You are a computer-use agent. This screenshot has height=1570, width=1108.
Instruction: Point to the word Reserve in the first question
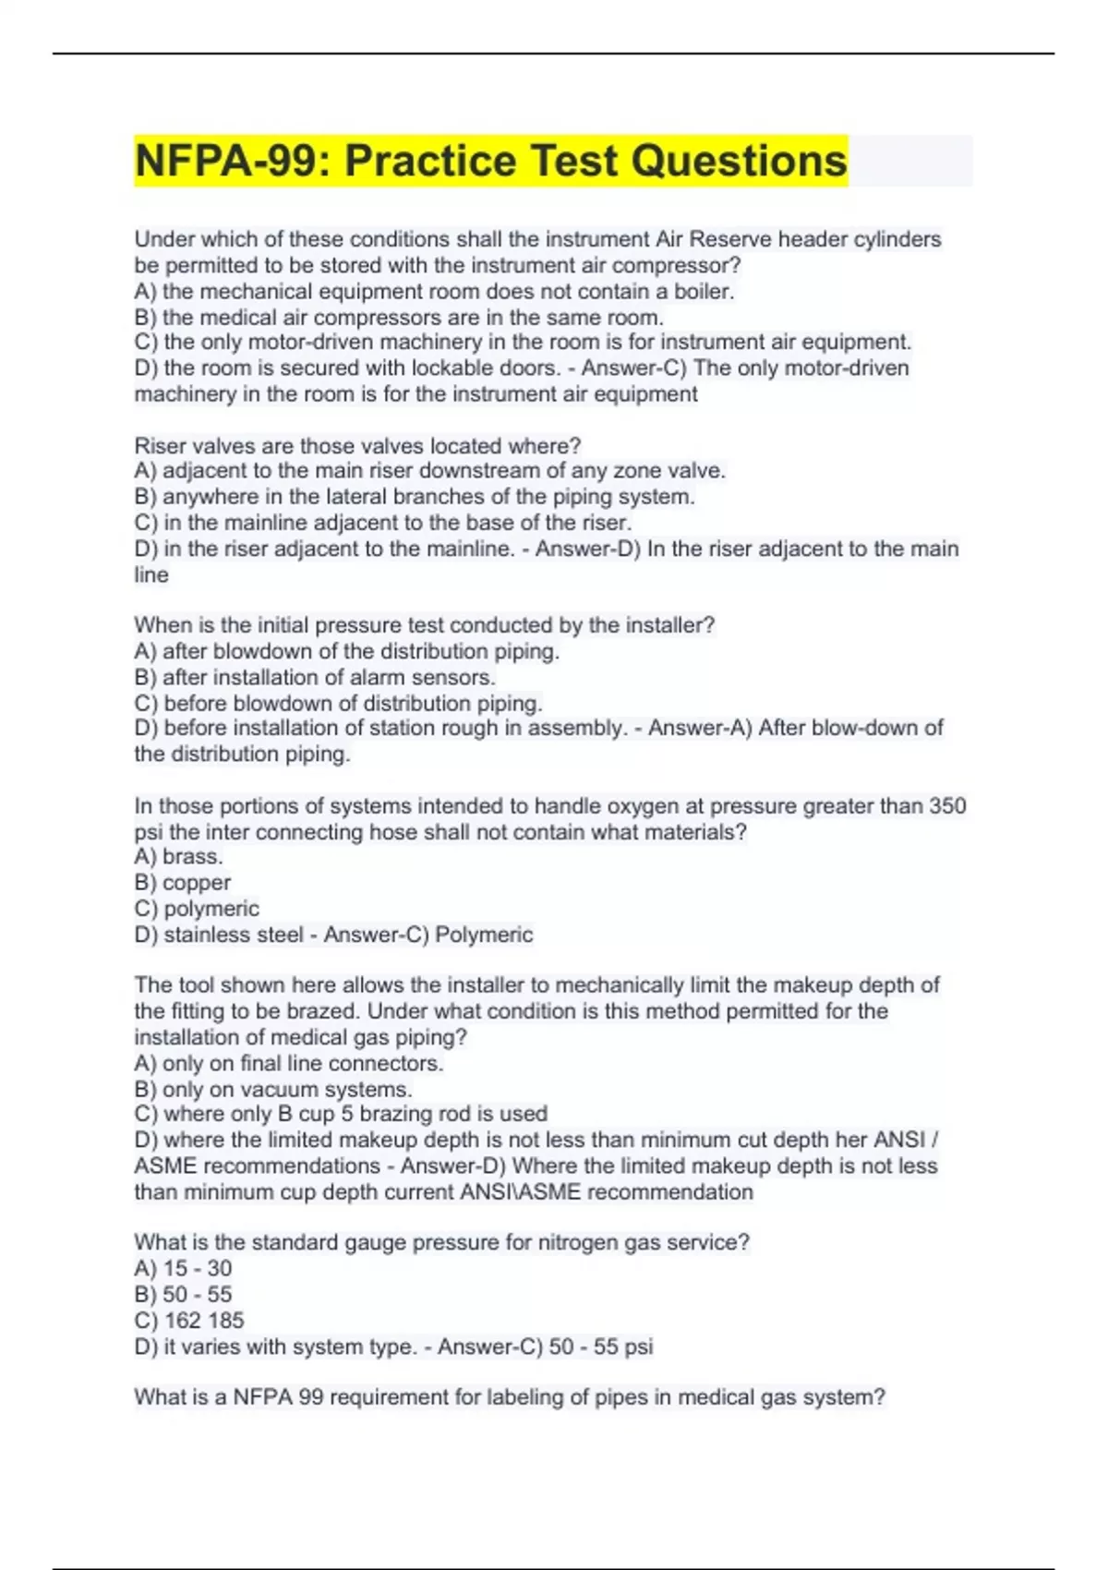[x=730, y=239]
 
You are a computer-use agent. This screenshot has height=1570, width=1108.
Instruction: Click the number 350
[x=947, y=806]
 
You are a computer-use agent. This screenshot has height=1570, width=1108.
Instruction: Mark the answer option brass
[x=192, y=857]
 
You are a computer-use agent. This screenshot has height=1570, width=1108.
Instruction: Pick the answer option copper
[x=196, y=883]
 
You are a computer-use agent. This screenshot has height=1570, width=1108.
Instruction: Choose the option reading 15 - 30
[x=197, y=1269]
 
